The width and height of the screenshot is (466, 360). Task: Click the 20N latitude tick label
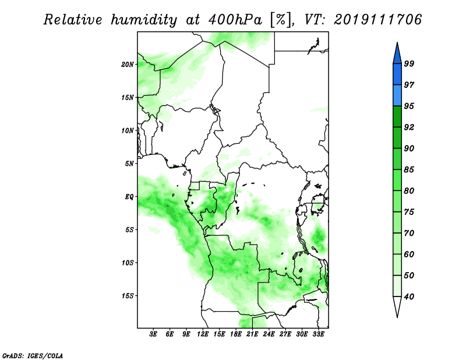tap(128, 65)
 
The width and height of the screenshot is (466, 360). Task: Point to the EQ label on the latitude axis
tap(129, 197)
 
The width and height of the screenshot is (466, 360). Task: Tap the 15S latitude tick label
tap(128, 296)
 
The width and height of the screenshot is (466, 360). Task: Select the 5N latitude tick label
tap(129, 164)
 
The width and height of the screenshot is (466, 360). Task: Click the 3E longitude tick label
tap(153, 334)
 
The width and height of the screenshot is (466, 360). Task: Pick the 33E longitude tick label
tap(318, 334)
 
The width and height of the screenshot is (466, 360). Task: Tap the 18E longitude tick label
tap(236, 334)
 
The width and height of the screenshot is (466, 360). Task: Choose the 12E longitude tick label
tap(203, 334)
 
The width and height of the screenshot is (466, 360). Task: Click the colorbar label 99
tap(409, 63)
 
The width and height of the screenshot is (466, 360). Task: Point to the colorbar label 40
tap(409, 297)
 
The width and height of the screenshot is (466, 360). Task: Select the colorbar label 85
tap(409, 170)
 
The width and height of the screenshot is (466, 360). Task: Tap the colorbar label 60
tap(409, 254)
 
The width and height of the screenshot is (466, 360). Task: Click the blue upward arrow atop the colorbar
tap(397, 54)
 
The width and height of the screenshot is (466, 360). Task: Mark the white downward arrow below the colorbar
tap(397, 306)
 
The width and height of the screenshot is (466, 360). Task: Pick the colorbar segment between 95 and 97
tap(397, 96)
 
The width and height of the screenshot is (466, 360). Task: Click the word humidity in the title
tap(144, 20)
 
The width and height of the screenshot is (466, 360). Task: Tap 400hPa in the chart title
tap(235, 20)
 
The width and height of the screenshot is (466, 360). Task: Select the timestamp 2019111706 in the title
tap(377, 20)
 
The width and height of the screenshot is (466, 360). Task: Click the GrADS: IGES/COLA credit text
tap(33, 355)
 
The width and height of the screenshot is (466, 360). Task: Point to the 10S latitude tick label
tap(128, 263)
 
